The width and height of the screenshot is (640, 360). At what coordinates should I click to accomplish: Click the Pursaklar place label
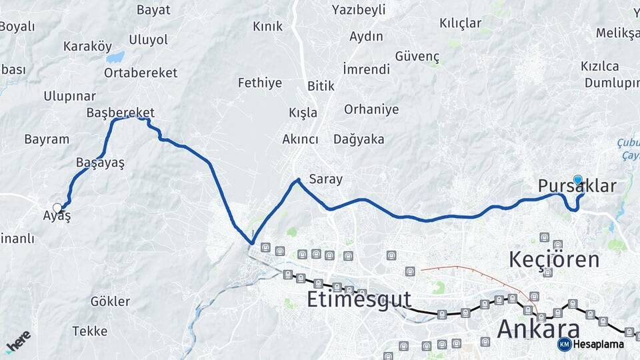click(x=577, y=187)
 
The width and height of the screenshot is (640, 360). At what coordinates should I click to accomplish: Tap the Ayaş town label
click(x=57, y=217)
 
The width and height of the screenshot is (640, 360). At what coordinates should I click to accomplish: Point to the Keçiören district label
click(x=554, y=259)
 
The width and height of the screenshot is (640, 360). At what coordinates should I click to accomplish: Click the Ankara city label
click(x=538, y=329)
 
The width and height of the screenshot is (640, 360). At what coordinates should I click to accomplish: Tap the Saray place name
click(x=325, y=179)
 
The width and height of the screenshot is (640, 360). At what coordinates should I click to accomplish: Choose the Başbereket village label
click(x=121, y=113)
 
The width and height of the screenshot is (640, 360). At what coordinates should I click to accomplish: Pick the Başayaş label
click(x=100, y=163)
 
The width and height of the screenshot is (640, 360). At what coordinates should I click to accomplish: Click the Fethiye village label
click(x=260, y=83)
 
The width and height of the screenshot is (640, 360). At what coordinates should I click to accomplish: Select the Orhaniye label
click(x=371, y=109)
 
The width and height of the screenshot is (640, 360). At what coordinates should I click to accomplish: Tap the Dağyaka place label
click(x=359, y=139)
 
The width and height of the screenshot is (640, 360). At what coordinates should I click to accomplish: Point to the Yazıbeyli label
click(x=359, y=10)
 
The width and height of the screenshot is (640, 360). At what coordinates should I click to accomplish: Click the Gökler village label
click(x=111, y=301)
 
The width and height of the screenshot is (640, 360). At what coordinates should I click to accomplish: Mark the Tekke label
click(x=90, y=331)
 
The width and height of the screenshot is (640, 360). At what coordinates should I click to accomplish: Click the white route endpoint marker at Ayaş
click(x=57, y=207)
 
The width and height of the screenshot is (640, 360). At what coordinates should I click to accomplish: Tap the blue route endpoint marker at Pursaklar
click(x=577, y=179)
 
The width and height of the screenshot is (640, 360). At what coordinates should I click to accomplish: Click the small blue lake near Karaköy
click(x=115, y=57)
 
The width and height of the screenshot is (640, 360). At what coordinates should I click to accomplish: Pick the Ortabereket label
click(x=131, y=73)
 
